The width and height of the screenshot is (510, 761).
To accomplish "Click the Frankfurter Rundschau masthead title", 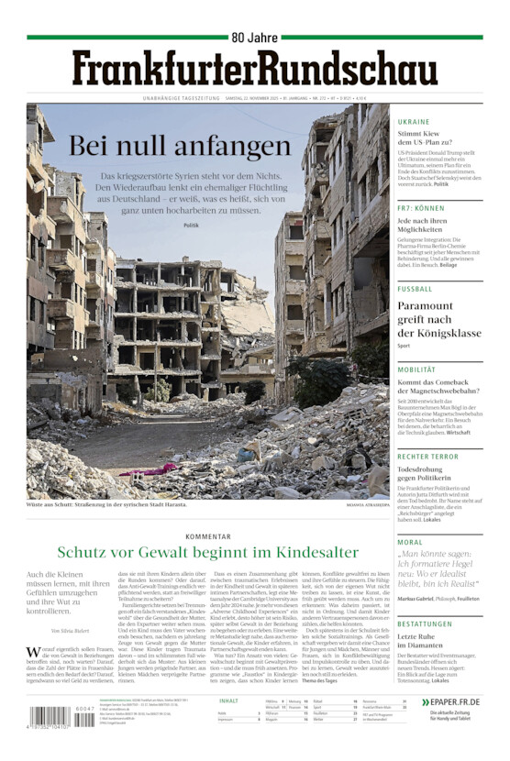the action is [x=254, y=68].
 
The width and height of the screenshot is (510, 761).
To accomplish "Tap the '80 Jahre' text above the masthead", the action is [x=254, y=38].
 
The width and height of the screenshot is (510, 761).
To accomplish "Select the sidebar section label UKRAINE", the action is [x=413, y=122].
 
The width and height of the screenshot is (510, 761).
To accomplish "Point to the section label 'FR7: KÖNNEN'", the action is [x=421, y=208].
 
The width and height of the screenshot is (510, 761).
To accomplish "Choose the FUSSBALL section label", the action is [x=415, y=289].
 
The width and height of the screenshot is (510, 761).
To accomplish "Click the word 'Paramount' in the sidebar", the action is [x=425, y=305].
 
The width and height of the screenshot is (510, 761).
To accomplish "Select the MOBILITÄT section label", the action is [x=416, y=369].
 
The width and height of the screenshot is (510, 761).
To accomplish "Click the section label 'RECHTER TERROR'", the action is [x=427, y=456].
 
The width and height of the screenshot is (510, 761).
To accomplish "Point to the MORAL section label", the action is [x=410, y=542].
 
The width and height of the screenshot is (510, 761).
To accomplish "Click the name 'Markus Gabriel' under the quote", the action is [x=417, y=598].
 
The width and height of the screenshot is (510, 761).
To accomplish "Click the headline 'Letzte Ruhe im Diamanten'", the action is [x=427, y=642].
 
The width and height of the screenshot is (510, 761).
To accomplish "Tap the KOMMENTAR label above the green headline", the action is [x=207, y=536].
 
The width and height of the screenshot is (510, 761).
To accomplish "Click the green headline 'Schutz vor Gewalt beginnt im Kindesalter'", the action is [x=207, y=552].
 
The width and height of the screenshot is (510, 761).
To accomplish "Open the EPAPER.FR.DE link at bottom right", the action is [x=456, y=701].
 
